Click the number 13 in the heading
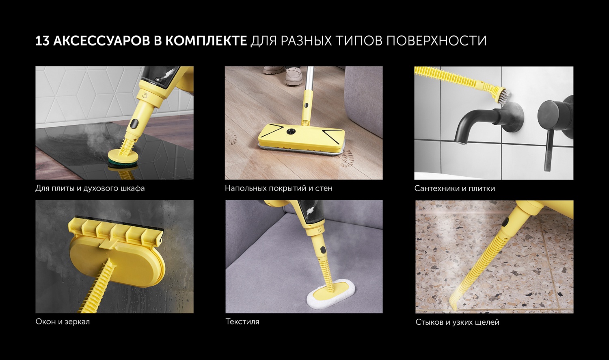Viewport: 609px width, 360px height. (x=42, y=41)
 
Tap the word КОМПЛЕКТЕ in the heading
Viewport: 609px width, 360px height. (x=206, y=41)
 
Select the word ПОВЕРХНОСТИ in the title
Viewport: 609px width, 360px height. (x=436, y=41)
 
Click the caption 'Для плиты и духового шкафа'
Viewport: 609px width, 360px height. (x=90, y=188)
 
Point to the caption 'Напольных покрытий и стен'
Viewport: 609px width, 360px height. (x=279, y=188)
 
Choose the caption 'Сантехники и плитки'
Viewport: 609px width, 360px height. (x=455, y=188)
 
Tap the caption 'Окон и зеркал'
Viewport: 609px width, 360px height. (x=63, y=322)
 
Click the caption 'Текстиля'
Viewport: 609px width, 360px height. (x=242, y=322)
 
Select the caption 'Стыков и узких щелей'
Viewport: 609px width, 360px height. (x=457, y=322)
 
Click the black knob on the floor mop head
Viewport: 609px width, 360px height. (x=292, y=131)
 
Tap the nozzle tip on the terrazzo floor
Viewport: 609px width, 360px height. (x=454, y=304)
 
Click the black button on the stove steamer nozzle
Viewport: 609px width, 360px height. (x=134, y=124)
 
